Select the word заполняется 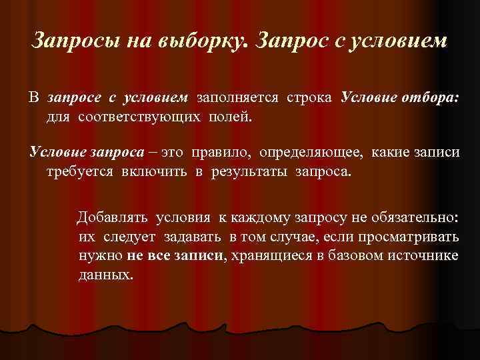point(237,99)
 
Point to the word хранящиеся point(267,255)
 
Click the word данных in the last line point(105,274)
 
